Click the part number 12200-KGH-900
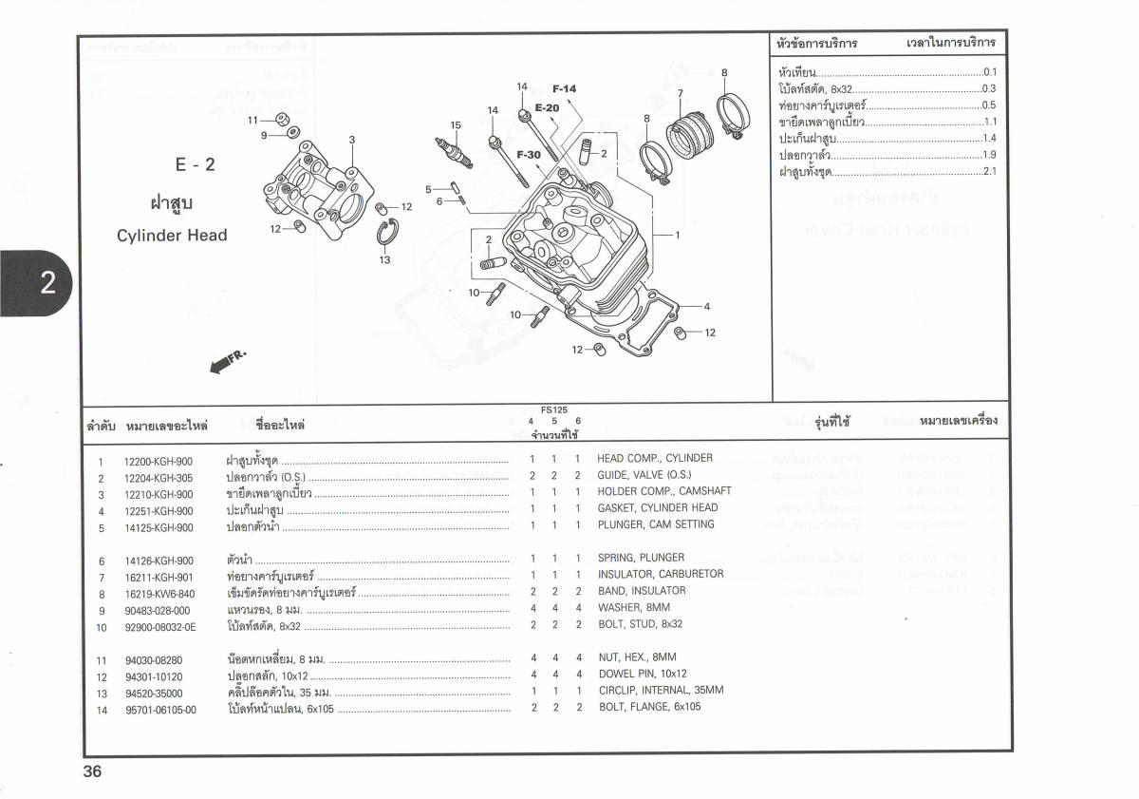point(159,462)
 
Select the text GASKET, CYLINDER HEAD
point(657,508)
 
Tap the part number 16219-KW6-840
point(159,595)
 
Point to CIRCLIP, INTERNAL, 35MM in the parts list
point(661,691)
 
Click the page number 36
point(92,771)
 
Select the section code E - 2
point(196,164)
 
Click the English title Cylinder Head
point(172,236)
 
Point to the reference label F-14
point(564,89)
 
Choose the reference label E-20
point(547,108)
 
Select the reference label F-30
point(529,155)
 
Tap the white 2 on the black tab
point(48,282)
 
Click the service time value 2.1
point(989,171)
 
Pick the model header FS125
point(554,410)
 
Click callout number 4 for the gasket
point(706,306)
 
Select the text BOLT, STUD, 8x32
point(640,624)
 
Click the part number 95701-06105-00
point(160,709)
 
